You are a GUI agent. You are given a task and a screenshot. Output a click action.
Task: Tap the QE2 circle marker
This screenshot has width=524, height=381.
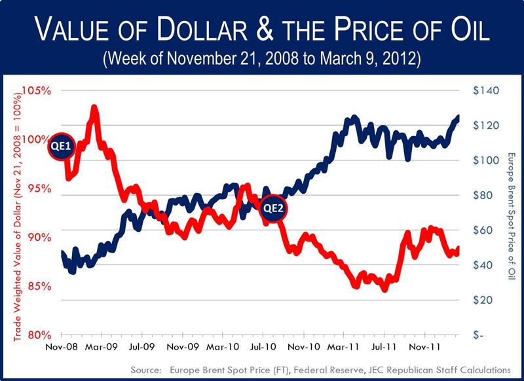[x=272, y=209]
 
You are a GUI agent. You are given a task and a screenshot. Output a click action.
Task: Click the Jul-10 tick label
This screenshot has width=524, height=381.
[x=265, y=348]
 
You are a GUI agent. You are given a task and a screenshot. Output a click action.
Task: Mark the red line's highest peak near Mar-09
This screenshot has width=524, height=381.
[x=94, y=107]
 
